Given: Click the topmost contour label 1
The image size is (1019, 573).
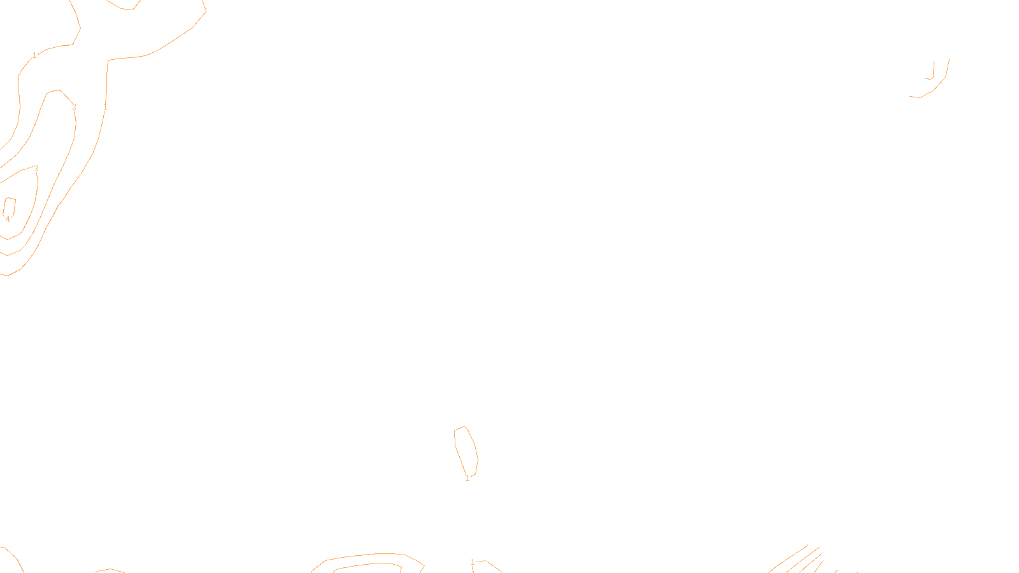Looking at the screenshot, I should click(34, 55).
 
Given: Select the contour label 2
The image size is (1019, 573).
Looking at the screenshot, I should click(74, 107).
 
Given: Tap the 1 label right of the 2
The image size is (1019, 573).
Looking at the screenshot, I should click(105, 108).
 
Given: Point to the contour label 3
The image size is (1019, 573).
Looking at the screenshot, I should click(36, 169).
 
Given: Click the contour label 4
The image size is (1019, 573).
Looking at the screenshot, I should click(8, 219).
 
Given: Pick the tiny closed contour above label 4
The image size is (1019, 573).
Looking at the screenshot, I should click(10, 207).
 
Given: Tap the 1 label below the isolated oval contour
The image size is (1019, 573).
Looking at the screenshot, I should click(467, 478).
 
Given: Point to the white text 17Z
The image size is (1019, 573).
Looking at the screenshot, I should click(483, 563).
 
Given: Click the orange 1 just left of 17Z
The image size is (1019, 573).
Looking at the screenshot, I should click(473, 562).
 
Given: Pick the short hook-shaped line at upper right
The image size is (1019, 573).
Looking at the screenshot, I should click(932, 73).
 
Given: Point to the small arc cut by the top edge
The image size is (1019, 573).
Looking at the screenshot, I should click(124, 7).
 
